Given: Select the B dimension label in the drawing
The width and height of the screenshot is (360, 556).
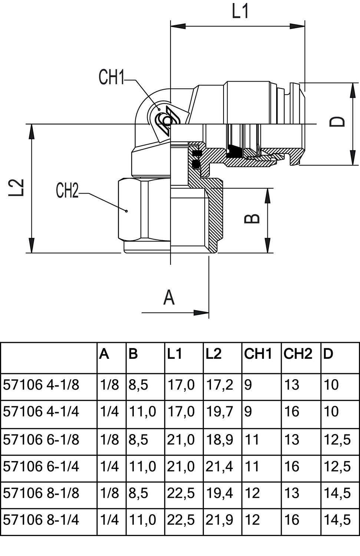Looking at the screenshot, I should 253,218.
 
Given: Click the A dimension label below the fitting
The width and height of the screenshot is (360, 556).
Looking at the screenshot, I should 169,298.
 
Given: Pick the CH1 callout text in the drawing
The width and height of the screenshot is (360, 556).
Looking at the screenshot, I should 111,77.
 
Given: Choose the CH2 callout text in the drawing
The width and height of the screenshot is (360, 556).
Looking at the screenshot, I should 67,191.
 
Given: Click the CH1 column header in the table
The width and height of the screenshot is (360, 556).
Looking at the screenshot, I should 258,354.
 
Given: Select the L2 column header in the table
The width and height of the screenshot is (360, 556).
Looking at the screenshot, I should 214,354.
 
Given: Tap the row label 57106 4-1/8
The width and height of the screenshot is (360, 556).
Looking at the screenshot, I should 41,385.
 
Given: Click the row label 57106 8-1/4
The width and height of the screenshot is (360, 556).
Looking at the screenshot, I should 41,520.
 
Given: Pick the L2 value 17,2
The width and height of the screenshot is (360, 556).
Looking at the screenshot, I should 219,385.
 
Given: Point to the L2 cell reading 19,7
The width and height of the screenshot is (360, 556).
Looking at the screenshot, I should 219,412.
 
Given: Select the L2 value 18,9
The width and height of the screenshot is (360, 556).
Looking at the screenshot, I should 219,440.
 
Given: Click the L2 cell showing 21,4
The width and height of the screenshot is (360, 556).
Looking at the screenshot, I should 219,466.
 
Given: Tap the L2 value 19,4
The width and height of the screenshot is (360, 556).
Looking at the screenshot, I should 219,493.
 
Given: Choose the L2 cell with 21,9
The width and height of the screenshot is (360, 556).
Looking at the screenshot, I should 219,520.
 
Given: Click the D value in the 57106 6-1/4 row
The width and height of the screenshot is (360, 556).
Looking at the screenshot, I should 337,466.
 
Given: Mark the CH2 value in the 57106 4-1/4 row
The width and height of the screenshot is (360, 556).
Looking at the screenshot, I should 292,412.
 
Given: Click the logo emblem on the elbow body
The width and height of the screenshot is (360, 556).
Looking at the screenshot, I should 166,121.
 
